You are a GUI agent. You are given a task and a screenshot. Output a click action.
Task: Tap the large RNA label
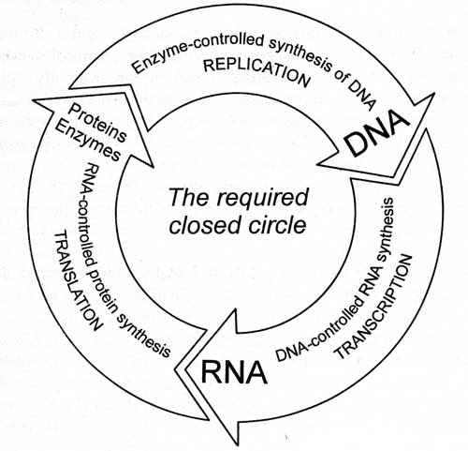click(234, 372)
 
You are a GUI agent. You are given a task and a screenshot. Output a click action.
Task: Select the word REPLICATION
click(256, 71)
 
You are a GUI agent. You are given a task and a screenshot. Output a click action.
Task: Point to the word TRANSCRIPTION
click(373, 307)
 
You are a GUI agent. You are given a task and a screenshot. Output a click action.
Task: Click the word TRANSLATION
click(78, 280)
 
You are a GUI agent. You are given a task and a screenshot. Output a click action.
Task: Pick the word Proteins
click(97, 123)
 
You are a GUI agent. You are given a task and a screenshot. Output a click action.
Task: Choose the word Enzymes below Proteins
click(89, 141)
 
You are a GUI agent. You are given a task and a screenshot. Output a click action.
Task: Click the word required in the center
click(260, 198)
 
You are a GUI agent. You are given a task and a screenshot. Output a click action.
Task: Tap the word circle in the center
click(277, 225)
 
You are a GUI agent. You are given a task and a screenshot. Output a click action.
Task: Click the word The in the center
click(188, 197)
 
